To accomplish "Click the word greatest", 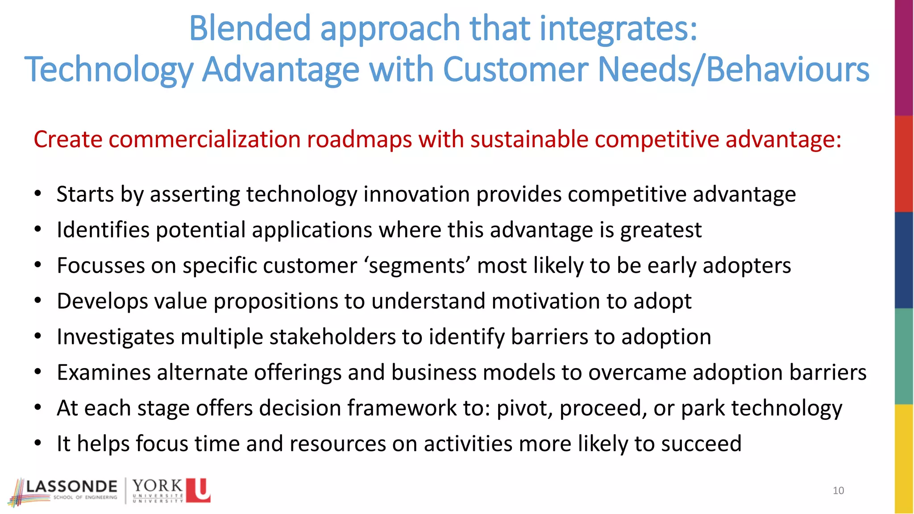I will (661, 230).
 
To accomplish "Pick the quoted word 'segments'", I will (418, 265).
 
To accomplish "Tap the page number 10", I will (838, 491).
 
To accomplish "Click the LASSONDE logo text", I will (71, 486).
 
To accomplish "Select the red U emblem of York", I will (198, 490).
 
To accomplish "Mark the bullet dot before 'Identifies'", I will (38, 230).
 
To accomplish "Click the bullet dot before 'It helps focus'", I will (38, 444).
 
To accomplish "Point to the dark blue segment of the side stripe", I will (904, 260).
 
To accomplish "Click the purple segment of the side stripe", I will (904, 58).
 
